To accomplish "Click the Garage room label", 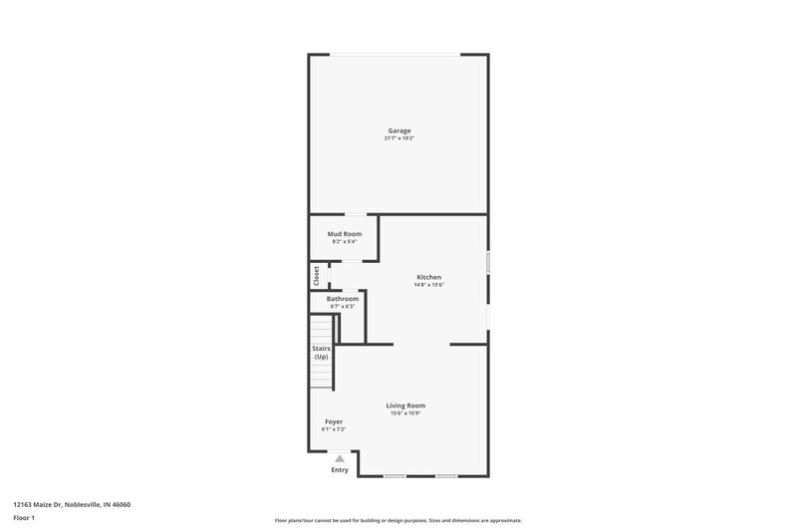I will coord(398,131).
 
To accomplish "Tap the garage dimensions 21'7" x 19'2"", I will coord(398,138).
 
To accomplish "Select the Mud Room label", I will coord(345,233).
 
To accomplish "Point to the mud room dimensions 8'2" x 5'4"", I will coord(345,241).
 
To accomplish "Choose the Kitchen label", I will coord(428,277).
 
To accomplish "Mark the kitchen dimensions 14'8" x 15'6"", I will coord(428,285).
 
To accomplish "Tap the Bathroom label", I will coord(342,298).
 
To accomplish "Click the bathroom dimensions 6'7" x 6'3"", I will coord(342,306).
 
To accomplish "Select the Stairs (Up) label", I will coord(321,352).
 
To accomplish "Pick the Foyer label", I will coord(334,421).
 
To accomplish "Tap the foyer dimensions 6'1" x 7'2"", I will coord(334,429).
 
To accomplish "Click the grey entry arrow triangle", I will coord(339,458).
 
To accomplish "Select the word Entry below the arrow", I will coord(340,469).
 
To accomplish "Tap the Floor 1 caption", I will coord(24,518).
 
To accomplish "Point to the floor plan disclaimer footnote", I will coord(398,520).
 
